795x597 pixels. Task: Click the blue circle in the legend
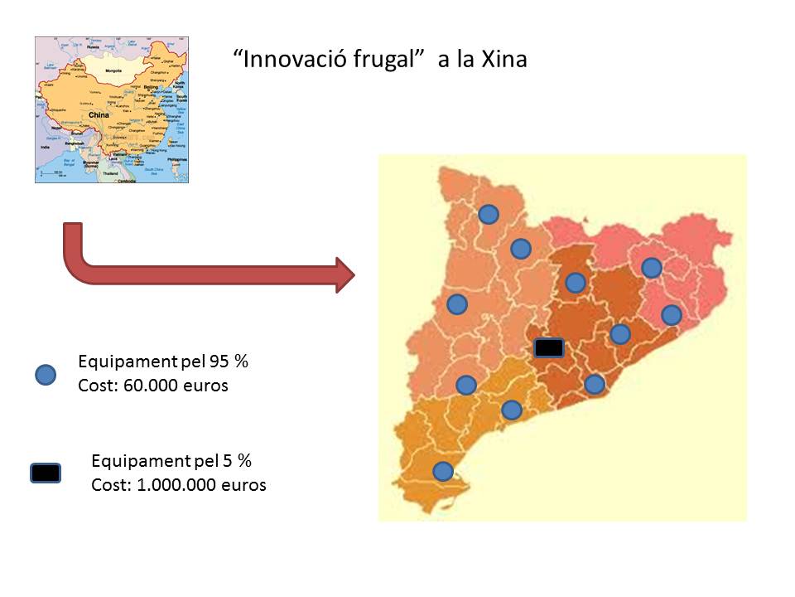46,375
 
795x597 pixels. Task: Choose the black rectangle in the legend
46,473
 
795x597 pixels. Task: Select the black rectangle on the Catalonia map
548,348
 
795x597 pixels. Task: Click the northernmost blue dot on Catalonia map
489,215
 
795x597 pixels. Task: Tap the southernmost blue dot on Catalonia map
443,471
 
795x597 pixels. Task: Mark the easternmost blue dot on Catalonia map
672,315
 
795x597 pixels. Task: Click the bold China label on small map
99,116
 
